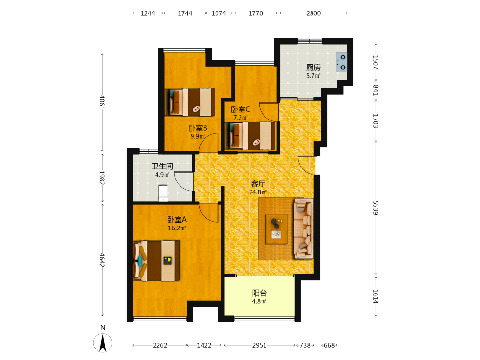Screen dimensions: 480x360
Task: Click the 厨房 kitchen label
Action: tap(313, 67)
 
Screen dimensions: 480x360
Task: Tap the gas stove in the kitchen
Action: tap(342, 62)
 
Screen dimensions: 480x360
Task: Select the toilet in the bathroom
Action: tap(163, 193)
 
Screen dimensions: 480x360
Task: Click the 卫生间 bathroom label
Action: tap(162, 166)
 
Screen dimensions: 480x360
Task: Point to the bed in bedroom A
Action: tap(156, 261)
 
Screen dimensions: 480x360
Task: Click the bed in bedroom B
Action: tap(190, 102)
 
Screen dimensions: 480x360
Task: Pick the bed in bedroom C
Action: tap(250, 136)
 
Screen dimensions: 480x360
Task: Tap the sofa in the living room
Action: tap(303, 228)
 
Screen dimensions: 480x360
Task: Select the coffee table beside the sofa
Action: tap(277, 229)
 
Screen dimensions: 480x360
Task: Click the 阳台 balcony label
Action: tap(259, 293)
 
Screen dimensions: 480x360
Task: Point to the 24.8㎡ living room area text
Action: tap(258, 192)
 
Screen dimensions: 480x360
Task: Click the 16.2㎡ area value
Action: tap(177, 228)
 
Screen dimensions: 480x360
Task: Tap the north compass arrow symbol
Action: tap(103, 343)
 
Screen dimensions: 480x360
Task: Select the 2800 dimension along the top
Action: tap(313, 13)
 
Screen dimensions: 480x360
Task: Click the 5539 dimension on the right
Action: tap(376, 208)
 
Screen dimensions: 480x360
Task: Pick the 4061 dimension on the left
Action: tap(102, 102)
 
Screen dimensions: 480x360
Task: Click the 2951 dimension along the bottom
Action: tap(260, 345)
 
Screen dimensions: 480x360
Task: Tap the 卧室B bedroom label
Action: tap(198, 128)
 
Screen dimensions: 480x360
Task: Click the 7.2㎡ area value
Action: tap(240, 118)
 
